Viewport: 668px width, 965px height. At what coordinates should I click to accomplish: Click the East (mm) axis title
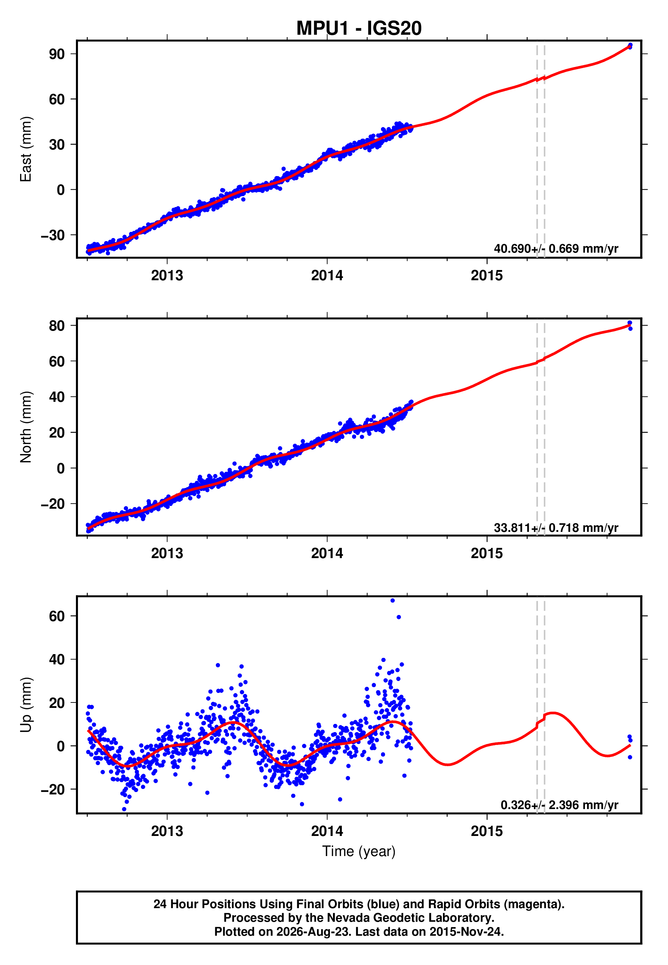(26, 149)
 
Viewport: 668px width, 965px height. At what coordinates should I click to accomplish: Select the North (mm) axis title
(26, 427)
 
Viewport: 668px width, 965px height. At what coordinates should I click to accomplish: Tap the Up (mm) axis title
(26, 705)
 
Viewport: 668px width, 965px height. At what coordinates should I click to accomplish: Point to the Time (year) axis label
(359, 851)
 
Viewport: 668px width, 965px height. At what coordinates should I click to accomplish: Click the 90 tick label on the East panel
(57, 54)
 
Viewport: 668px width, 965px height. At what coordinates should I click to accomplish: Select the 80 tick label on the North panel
(57, 326)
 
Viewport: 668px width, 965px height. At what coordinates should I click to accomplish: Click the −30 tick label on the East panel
(53, 235)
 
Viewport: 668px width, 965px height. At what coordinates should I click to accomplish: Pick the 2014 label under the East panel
(327, 275)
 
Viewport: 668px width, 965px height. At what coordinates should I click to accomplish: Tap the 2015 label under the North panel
(487, 553)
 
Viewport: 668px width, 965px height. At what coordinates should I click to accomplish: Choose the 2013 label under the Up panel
(167, 831)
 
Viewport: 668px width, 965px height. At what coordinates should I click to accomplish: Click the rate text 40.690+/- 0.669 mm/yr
(556, 249)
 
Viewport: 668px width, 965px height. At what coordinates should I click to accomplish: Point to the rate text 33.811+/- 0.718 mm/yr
(556, 528)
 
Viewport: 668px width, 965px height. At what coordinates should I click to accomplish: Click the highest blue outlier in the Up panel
(393, 601)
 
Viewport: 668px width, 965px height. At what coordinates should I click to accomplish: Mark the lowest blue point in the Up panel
(124, 809)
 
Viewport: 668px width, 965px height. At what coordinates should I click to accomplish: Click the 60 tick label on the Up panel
(57, 616)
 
